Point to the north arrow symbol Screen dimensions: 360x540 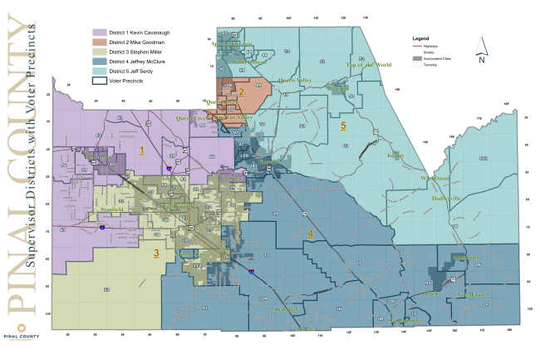tap(480, 55)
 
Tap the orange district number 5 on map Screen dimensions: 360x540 tap(343, 126)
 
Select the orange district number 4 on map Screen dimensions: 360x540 tap(311, 235)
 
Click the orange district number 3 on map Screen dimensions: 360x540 tap(155, 254)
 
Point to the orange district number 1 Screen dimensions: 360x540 tap(142, 150)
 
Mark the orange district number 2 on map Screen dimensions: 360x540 tap(241, 93)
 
